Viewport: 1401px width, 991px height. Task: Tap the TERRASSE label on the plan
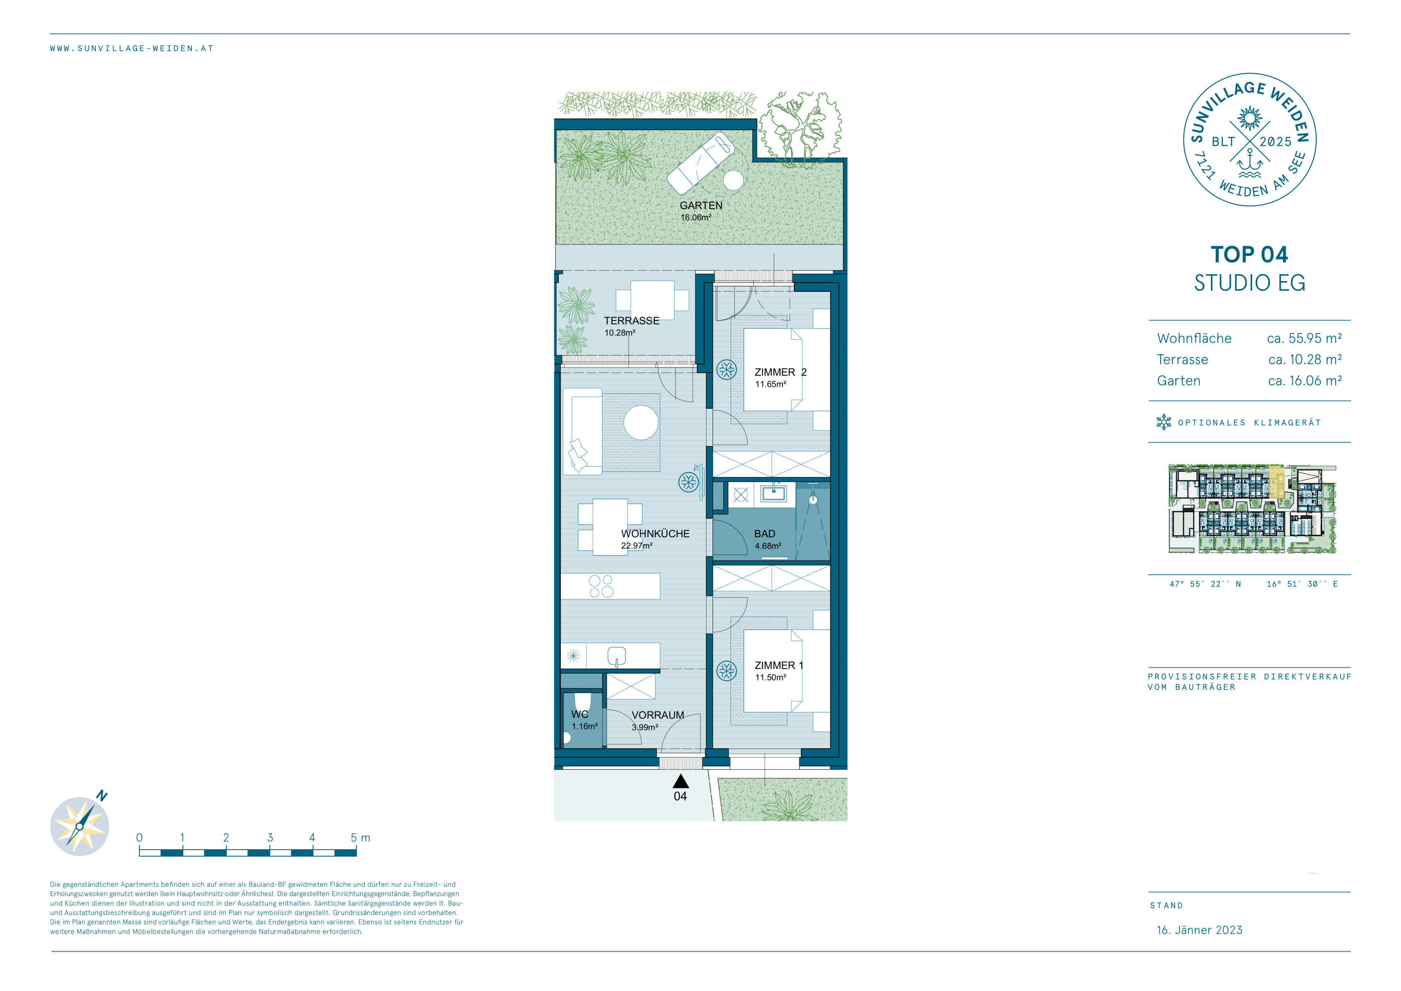point(632,321)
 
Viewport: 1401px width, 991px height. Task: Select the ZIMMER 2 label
point(781,372)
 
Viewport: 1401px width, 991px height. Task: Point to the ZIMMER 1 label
point(779,666)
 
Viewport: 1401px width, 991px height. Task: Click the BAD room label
point(765,534)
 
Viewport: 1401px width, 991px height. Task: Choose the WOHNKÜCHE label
point(655,534)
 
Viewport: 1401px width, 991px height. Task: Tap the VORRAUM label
point(658,715)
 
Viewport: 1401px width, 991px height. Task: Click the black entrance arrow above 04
point(680,781)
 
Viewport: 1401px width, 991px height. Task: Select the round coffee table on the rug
point(641,422)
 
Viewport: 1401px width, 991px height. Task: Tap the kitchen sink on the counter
point(616,657)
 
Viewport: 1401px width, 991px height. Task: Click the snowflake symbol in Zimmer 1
point(726,671)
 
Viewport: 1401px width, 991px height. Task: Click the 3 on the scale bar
point(270,838)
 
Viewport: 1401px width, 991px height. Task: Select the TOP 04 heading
point(1249,255)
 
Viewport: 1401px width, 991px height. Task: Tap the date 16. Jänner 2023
point(1200,930)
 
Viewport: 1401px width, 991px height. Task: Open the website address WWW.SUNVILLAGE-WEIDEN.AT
point(132,48)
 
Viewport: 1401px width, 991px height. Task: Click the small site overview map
point(1252,509)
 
